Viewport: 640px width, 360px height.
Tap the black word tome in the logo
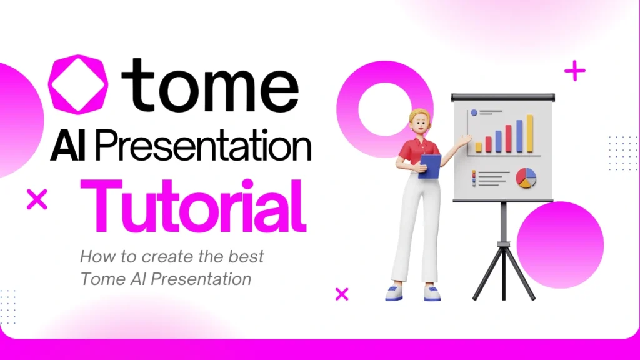click(x=209, y=86)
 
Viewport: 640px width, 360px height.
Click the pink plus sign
click(x=574, y=71)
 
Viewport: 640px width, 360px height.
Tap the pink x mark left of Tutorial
click(x=37, y=199)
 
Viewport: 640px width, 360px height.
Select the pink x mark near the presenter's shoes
click(x=342, y=294)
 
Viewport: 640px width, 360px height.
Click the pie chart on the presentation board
click(x=526, y=177)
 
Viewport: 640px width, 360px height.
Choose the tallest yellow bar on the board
click(x=530, y=133)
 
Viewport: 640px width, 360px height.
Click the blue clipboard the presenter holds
click(x=430, y=166)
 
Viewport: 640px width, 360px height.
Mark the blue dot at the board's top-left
click(x=474, y=112)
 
